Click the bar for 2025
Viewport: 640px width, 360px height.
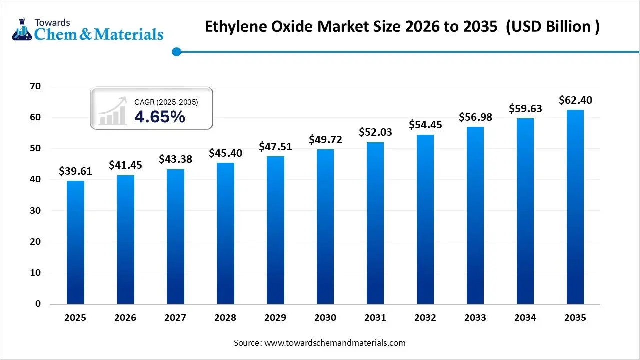[75, 242]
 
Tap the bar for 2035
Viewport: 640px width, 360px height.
[575, 207]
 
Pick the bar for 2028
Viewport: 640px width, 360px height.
[225, 233]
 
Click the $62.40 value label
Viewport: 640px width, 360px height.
[575, 100]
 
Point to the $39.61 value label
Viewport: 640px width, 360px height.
[75, 171]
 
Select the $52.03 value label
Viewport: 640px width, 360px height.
[375, 132]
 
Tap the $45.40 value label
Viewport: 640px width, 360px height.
[225, 153]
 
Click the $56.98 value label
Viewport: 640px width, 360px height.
[475, 117]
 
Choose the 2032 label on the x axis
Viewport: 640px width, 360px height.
[425, 318]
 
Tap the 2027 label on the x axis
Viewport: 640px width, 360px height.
[175, 318]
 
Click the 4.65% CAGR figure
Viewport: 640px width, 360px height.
[160, 117]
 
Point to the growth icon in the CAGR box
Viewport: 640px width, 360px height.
[112, 111]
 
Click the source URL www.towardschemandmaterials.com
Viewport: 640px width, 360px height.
[335, 343]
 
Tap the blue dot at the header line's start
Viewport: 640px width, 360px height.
[176, 52]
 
